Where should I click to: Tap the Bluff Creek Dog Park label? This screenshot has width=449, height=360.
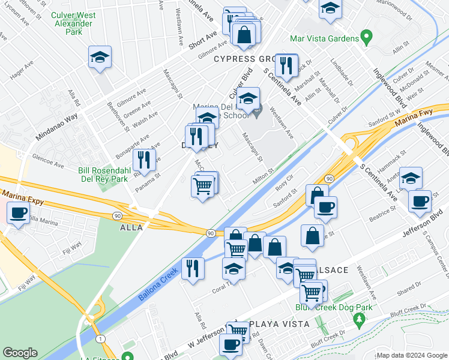(x=334, y=308)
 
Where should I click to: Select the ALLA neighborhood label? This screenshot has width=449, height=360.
(x=131, y=228)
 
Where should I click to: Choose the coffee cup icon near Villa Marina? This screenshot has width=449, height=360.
(x=18, y=213)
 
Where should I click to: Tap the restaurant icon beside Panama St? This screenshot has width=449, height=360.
(x=144, y=160)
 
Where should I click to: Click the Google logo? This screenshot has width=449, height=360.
(x=20, y=353)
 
